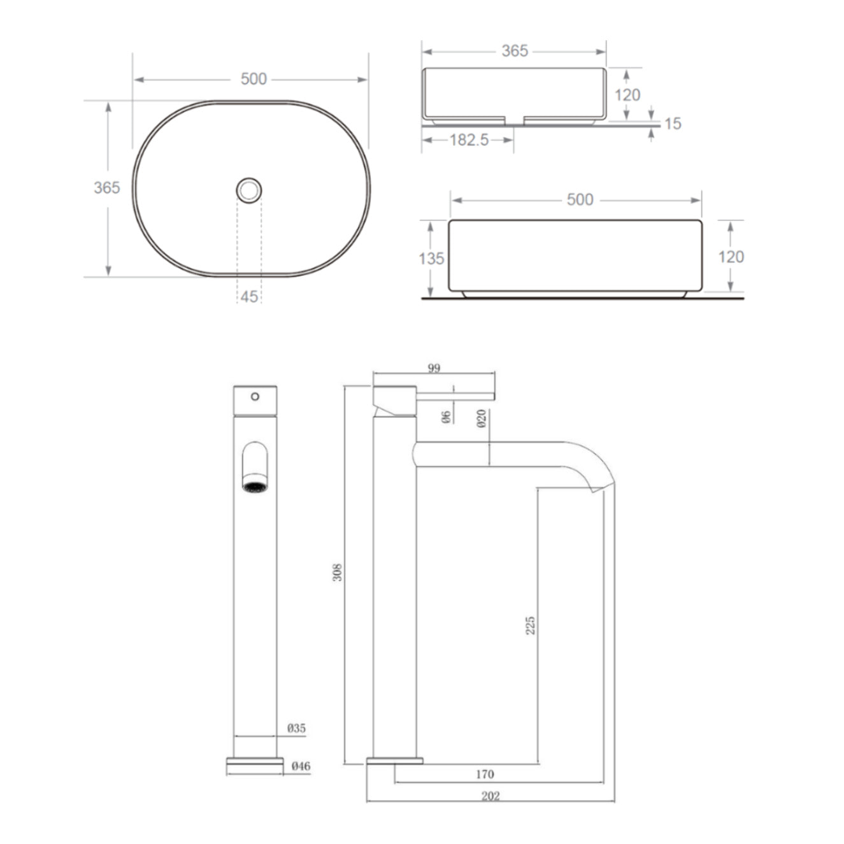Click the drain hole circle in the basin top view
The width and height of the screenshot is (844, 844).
tap(249, 190)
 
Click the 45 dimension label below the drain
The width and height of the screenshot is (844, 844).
tap(249, 296)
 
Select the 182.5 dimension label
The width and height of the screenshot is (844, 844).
tap(469, 139)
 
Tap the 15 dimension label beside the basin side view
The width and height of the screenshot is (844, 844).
tap(673, 124)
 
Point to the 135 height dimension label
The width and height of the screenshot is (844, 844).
tap(431, 259)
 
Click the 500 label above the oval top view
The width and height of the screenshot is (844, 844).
tap(254, 79)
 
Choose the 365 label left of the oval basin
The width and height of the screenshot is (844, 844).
tap(106, 187)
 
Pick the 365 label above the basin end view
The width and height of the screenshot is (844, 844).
tap(515, 51)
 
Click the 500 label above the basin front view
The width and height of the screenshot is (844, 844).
tap(580, 199)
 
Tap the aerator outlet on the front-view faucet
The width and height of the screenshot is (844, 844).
tap(255, 487)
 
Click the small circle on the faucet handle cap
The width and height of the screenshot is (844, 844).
tap(255, 396)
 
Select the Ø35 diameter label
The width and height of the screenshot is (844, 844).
tap(296, 728)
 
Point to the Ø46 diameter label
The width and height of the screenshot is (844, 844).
tap(301, 766)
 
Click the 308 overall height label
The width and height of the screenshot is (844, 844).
tap(338, 572)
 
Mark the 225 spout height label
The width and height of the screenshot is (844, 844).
tap(530, 624)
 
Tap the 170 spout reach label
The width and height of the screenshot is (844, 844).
tap(485, 775)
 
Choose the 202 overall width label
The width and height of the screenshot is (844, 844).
tap(490, 796)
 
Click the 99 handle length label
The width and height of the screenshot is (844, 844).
tap(434, 368)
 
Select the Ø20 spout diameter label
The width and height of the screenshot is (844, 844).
tap(482, 418)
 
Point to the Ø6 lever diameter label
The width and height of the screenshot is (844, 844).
tap(446, 417)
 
